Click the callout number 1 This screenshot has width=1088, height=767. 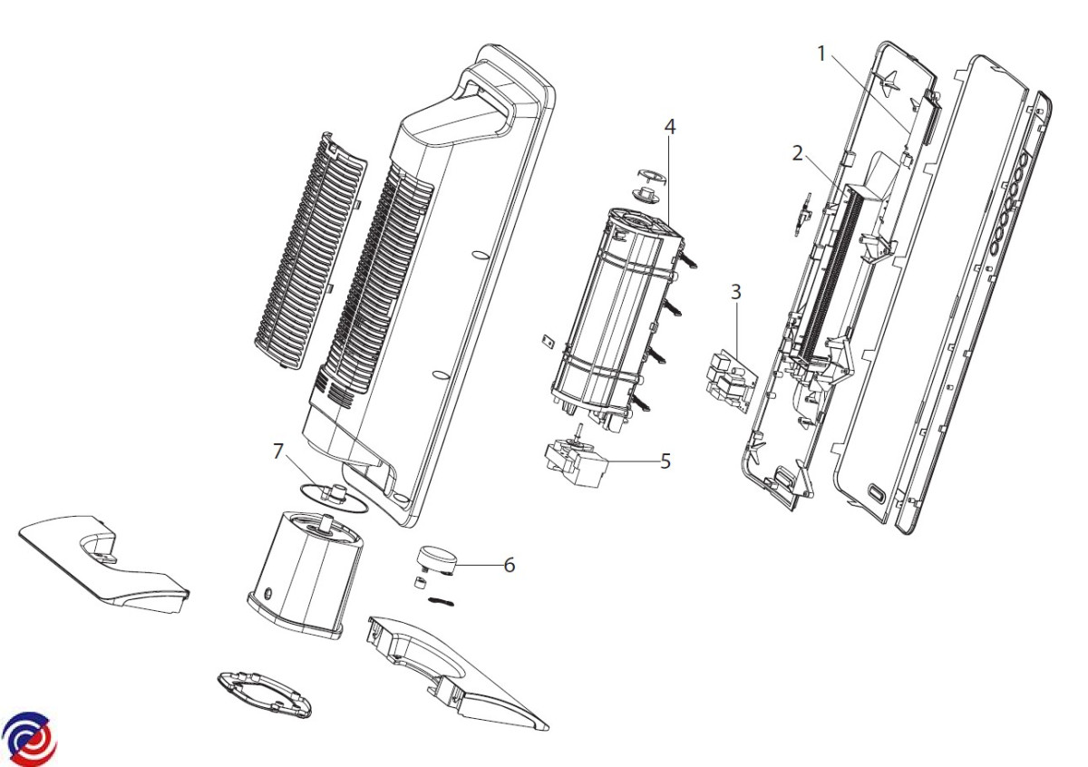821,53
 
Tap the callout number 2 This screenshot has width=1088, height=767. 797,153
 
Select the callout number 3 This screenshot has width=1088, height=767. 735,292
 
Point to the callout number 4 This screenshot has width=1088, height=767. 669,127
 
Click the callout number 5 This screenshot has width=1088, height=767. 665,461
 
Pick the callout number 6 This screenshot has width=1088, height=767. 509,565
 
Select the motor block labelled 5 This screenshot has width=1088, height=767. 575,464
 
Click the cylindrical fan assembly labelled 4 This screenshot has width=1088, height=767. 617,317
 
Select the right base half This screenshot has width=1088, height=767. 453,666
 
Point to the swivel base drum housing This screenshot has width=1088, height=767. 304,571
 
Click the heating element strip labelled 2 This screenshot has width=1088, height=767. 825,272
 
